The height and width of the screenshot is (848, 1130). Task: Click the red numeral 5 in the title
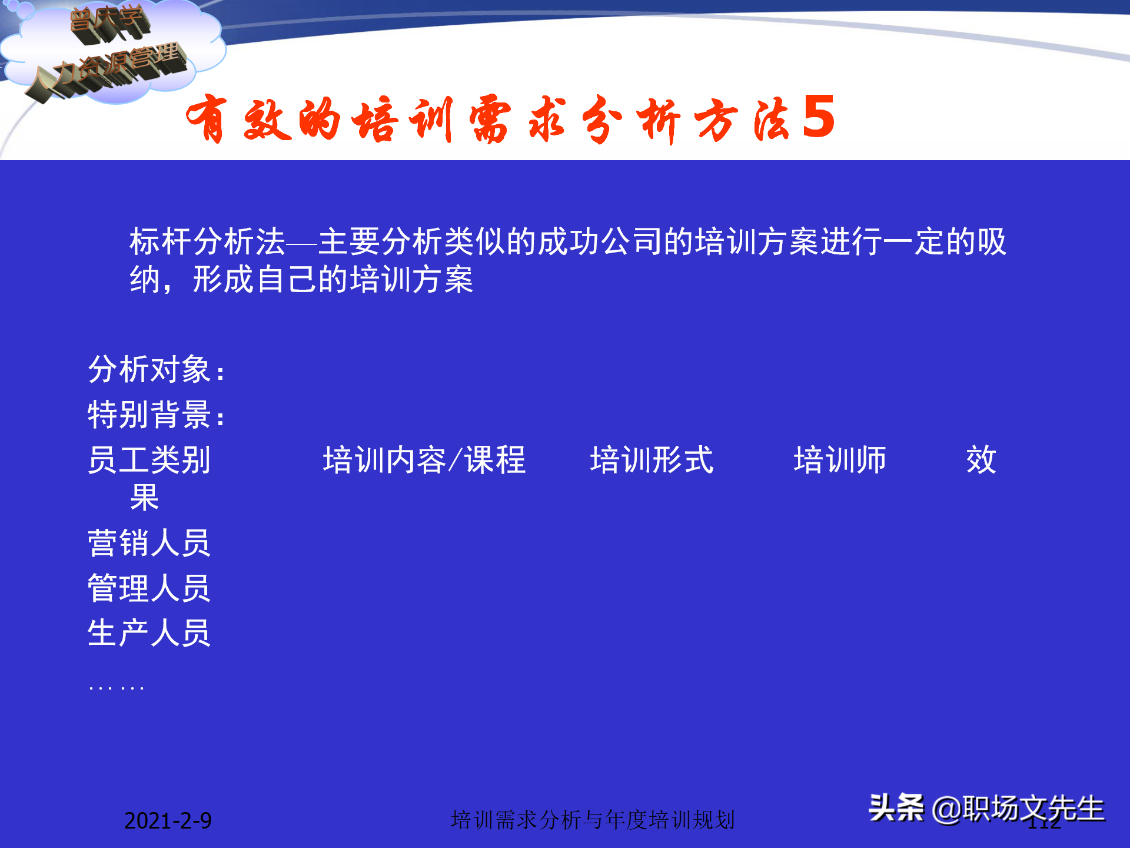(x=818, y=117)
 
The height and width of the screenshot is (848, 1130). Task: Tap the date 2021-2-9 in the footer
(x=168, y=820)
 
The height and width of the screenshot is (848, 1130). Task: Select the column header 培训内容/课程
(x=424, y=460)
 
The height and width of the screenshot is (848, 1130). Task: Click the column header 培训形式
(x=652, y=460)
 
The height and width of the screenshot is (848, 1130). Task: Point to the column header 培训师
(x=839, y=460)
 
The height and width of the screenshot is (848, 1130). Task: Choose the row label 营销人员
(x=149, y=543)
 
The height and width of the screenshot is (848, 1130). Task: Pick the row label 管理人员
(x=149, y=588)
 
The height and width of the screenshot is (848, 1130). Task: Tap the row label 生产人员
(x=149, y=634)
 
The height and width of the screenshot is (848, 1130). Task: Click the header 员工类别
(x=149, y=460)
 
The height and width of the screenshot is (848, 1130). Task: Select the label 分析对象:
(x=157, y=370)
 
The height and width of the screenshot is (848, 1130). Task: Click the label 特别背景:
(x=157, y=415)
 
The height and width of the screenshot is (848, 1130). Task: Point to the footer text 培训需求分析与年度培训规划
(x=593, y=820)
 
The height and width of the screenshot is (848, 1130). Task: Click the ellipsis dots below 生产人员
(x=117, y=687)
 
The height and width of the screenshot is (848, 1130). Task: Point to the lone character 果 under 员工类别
(x=144, y=498)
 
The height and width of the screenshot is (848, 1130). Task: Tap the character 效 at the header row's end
(x=981, y=460)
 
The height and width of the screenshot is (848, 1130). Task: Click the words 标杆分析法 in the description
(x=207, y=241)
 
